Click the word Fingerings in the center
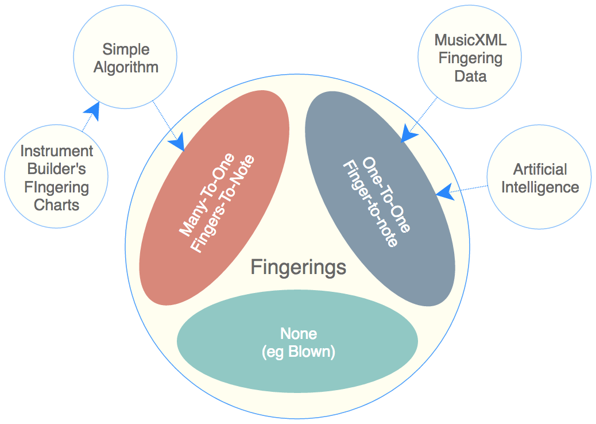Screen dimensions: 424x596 [x=299, y=267]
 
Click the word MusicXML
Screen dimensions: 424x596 [x=470, y=40]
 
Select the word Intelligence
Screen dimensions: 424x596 [x=540, y=187]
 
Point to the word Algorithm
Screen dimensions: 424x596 [x=126, y=67]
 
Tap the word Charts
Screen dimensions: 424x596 [x=56, y=205]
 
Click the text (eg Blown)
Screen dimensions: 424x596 [x=298, y=352]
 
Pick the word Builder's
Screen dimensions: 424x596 [x=56, y=169]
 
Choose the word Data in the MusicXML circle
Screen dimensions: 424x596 [x=470, y=76]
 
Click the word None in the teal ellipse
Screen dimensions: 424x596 [x=298, y=333]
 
